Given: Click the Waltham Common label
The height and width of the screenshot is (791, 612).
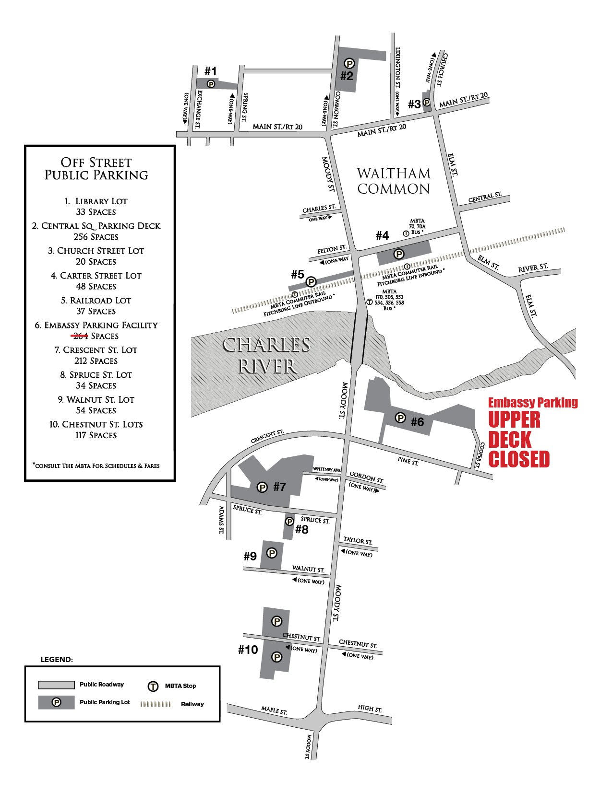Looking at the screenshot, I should pyautogui.click(x=394, y=181).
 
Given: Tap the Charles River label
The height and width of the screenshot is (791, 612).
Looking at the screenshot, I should pyautogui.click(x=267, y=355).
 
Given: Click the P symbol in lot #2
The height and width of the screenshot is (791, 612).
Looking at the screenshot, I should pyautogui.click(x=349, y=63).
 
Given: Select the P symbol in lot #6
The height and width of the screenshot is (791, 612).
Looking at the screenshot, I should pyautogui.click(x=400, y=418).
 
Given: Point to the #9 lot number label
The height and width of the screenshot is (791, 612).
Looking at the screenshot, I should pyautogui.click(x=250, y=556).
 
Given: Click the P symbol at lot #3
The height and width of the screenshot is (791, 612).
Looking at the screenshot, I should pyautogui.click(x=426, y=103).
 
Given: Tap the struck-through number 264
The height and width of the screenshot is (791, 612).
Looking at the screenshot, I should pyautogui.click(x=80, y=336).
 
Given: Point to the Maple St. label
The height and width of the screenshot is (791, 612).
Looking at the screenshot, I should pyautogui.click(x=274, y=710).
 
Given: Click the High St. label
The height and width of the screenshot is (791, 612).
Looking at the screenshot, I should pyautogui.click(x=370, y=708).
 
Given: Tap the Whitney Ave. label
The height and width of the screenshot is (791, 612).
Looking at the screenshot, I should pyautogui.click(x=326, y=469).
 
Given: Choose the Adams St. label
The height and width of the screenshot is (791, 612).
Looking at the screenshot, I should pyautogui.click(x=221, y=520).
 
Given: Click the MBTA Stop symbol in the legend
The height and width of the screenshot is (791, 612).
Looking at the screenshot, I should pyautogui.click(x=153, y=686).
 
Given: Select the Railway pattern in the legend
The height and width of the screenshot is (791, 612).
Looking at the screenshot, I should pyautogui.click(x=155, y=704).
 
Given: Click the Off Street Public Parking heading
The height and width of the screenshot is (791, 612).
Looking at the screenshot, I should pyautogui.click(x=96, y=169).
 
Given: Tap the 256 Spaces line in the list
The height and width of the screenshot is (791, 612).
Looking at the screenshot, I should pyautogui.click(x=96, y=237).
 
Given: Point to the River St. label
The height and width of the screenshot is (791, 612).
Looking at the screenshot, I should pyautogui.click(x=533, y=268).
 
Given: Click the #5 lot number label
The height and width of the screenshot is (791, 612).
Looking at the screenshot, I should pyautogui.click(x=298, y=274).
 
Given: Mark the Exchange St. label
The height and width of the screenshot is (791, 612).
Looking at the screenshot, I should pyautogui.click(x=198, y=109).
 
